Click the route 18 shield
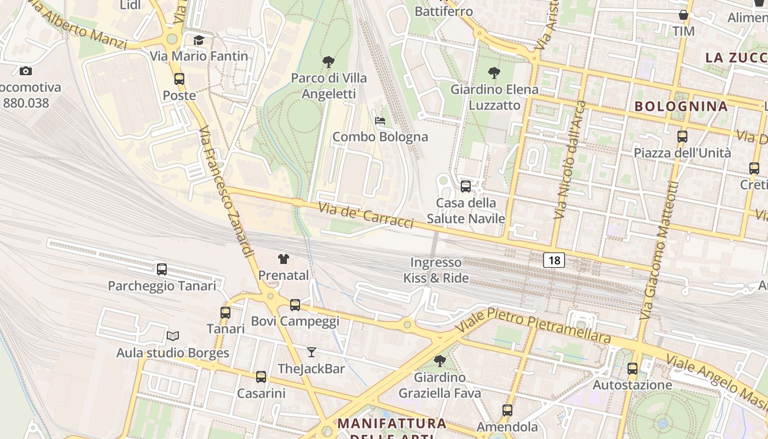554,260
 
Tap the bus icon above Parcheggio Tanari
161,269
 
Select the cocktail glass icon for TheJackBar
312,352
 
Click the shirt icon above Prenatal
283,259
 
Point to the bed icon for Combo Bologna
380,121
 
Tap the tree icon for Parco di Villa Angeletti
329,61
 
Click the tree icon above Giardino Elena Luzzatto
494,72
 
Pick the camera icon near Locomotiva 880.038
25,71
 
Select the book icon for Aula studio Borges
173,336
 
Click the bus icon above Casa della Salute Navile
466,187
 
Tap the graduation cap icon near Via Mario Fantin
199,40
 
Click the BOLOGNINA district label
681,106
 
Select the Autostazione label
632,385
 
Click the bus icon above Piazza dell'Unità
682,137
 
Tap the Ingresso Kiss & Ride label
436,270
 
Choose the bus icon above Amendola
507,410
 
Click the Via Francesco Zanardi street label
226,192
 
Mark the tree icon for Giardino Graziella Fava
439,361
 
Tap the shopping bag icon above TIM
684,15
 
